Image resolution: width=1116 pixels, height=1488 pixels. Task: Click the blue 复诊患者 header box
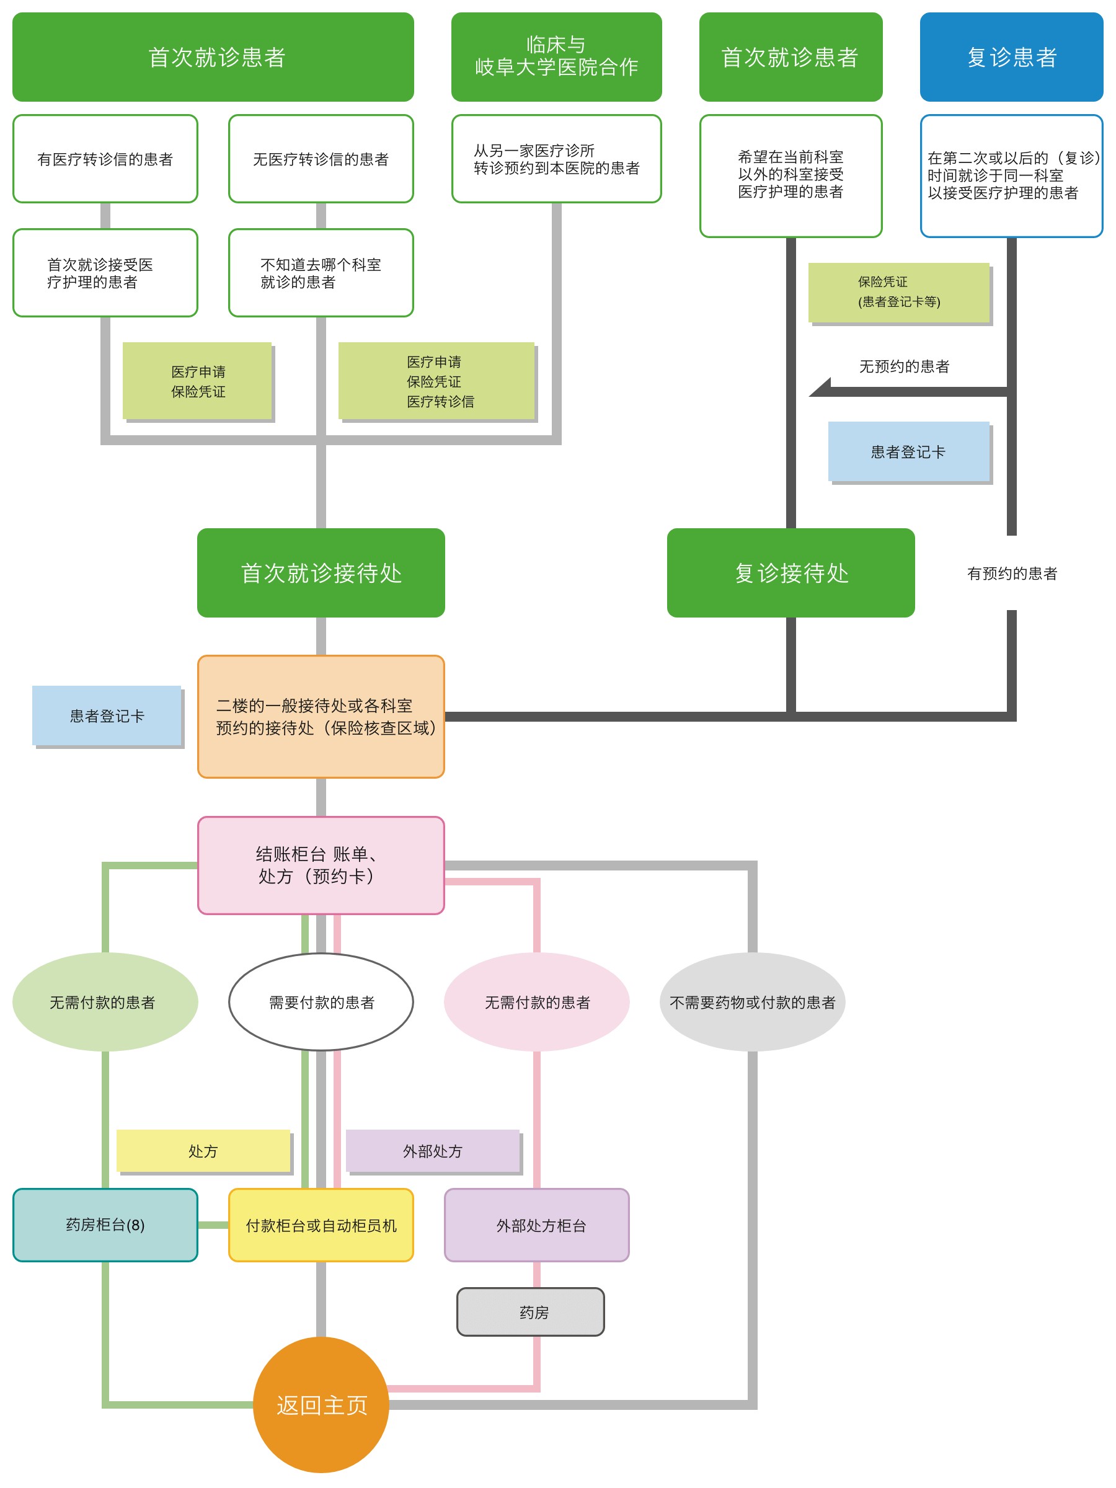[x=1011, y=57]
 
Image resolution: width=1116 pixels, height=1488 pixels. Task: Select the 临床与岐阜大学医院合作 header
[x=556, y=57]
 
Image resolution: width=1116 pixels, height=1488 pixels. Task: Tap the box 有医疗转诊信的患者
[x=105, y=159]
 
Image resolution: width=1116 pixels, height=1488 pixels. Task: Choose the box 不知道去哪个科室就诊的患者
[x=321, y=273]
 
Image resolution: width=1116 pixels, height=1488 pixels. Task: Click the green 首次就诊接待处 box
[x=321, y=573]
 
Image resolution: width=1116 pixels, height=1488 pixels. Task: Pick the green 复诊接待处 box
[x=791, y=573]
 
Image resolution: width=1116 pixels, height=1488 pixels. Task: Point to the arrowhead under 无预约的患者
[x=820, y=387]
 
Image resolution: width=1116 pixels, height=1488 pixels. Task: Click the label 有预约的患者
[x=1012, y=573]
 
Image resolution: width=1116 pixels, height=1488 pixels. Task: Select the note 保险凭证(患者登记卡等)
[x=899, y=292]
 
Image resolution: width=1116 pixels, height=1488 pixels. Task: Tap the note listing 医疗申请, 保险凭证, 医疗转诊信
[x=436, y=381]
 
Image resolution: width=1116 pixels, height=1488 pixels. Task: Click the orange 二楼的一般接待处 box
[x=321, y=717]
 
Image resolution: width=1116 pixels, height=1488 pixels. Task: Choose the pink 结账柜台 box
[x=321, y=866]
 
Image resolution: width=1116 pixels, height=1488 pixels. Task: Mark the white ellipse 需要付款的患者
[x=321, y=1003]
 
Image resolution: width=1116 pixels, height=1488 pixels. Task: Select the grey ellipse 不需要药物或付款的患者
[x=752, y=1003]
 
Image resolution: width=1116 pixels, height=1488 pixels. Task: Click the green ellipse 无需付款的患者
[x=105, y=1003]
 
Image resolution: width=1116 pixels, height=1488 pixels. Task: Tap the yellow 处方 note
[x=203, y=1151]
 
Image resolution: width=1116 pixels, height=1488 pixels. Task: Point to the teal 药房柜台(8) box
[x=105, y=1225]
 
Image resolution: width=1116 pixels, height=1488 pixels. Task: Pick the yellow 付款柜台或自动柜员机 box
[x=321, y=1225]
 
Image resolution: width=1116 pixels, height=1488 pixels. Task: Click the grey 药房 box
[x=531, y=1312]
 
